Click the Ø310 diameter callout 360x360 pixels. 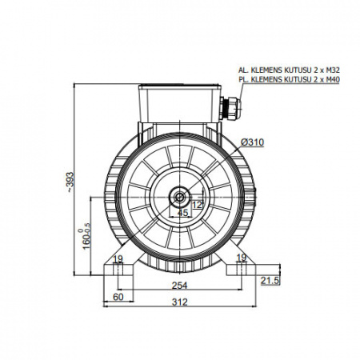(x=252, y=142)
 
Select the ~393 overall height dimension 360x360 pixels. (x=70, y=182)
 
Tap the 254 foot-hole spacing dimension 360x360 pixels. (x=179, y=286)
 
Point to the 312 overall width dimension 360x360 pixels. (x=179, y=302)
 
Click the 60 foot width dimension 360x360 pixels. (x=118, y=297)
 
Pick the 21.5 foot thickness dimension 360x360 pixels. (x=270, y=281)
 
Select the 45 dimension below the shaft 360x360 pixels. (x=182, y=213)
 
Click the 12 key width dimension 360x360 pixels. (x=198, y=205)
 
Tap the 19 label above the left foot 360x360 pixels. (x=118, y=258)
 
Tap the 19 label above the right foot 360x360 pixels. (x=242, y=258)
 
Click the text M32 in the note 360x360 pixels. (x=333, y=70)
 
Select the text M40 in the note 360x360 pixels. (x=333, y=79)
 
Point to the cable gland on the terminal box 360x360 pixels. (x=230, y=109)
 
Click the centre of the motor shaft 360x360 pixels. (x=180, y=198)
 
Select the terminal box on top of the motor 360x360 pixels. (x=180, y=103)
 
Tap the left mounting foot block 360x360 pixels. (x=118, y=270)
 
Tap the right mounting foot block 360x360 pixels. (x=241, y=270)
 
